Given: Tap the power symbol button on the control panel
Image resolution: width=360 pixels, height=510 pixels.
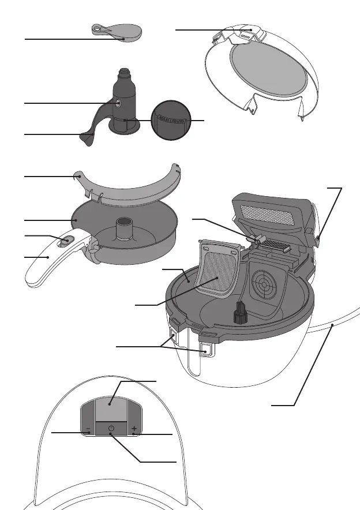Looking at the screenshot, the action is pos(111,429).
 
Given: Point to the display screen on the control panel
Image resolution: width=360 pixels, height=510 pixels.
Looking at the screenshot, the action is pos(111,408).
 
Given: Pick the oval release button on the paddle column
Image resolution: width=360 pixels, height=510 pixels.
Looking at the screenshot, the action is pos(118,102).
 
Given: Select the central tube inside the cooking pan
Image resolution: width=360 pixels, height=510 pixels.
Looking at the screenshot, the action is pos(123,228).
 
